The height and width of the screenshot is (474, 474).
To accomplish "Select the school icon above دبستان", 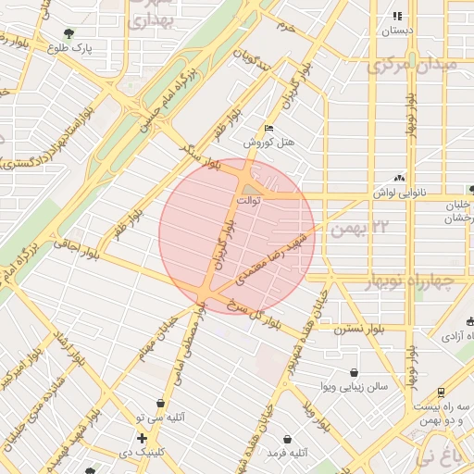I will [x=397, y=16].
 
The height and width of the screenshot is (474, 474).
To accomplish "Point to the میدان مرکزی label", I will [x=413, y=66].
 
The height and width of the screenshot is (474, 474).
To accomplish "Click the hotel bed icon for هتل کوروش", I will [x=268, y=129].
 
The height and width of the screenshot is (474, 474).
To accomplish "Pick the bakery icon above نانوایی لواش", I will [x=399, y=177].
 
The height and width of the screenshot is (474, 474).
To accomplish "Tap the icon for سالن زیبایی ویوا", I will [x=354, y=372].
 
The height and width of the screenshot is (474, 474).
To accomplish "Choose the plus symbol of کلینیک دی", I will [x=141, y=437].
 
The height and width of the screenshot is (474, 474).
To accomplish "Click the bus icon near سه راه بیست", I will [x=440, y=392].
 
